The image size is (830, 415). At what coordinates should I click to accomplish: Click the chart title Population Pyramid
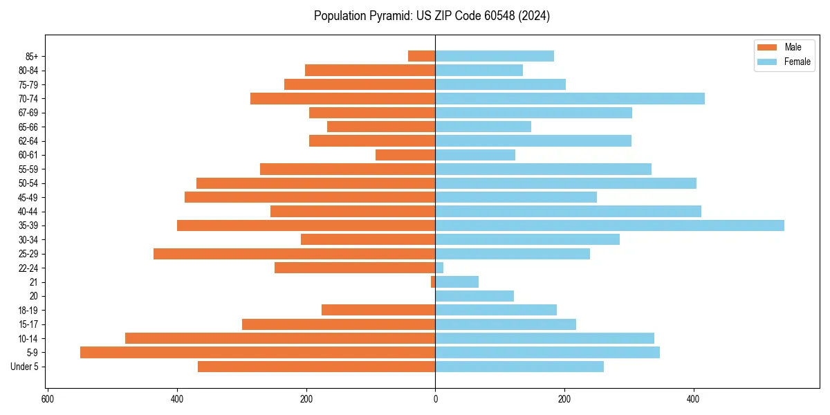[x=432, y=16]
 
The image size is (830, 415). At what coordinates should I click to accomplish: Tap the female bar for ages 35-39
[x=609, y=225]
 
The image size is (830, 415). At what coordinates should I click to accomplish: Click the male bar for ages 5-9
[x=257, y=353]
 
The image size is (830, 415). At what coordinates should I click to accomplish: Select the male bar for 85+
[x=421, y=56]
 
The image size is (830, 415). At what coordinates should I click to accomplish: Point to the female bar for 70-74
[x=570, y=98]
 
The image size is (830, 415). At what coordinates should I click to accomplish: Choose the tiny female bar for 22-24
[x=439, y=268]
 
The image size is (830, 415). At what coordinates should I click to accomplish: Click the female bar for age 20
[x=474, y=296]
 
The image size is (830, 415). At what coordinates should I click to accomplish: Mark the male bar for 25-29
[x=294, y=254]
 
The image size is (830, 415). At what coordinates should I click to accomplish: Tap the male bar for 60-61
[x=405, y=155]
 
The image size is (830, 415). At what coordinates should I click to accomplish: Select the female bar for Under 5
[x=519, y=367]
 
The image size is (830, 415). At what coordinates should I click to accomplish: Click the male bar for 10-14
[x=280, y=338]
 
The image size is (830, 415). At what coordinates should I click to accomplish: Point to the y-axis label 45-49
[x=27, y=197]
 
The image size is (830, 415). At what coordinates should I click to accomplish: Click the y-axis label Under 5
[x=25, y=367]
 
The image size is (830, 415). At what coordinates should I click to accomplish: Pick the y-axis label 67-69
[x=27, y=113]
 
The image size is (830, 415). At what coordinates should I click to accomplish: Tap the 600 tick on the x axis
[x=48, y=399]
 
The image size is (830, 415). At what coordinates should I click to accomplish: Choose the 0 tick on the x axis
[x=435, y=399]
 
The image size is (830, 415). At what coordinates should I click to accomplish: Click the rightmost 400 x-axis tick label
[x=694, y=399]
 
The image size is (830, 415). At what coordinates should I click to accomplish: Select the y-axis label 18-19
[x=27, y=310]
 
